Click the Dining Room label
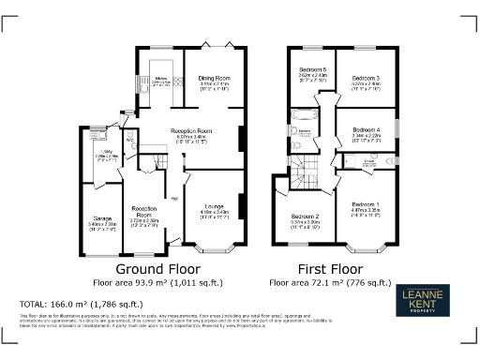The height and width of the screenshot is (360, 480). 215,77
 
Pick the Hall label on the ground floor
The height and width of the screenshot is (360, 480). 174,198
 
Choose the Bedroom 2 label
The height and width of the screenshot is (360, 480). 305,217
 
